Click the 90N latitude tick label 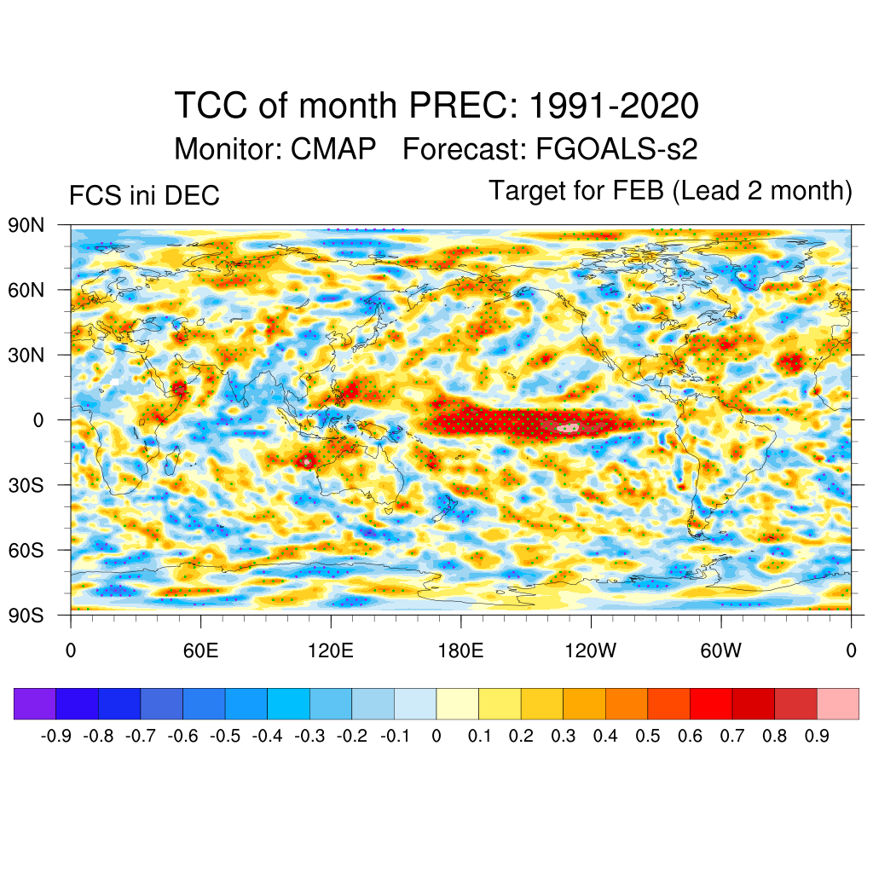click(x=26, y=226)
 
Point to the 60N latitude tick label click(x=26, y=291)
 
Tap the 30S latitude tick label click(x=26, y=485)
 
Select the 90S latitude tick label click(x=26, y=615)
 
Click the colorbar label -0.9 click(x=56, y=736)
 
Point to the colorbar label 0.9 click(x=817, y=736)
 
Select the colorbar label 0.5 click(x=648, y=736)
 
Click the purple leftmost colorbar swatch click(x=35, y=703)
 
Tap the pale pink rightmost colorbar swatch click(x=838, y=703)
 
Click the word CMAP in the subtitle click(x=333, y=149)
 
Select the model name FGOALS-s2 click(x=616, y=149)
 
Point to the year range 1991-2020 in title click(x=614, y=107)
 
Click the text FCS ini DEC click(x=144, y=196)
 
